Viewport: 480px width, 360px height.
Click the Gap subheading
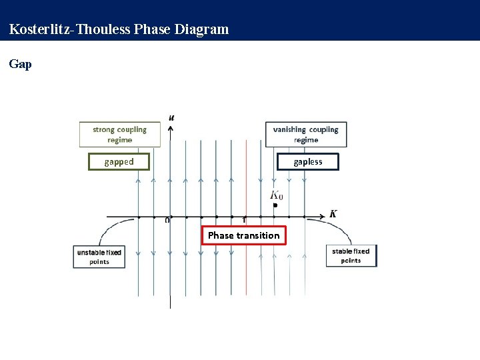(x=20, y=65)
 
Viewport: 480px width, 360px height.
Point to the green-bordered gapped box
(x=119, y=161)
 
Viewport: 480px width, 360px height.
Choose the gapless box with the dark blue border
(x=307, y=161)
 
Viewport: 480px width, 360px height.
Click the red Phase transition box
(x=244, y=235)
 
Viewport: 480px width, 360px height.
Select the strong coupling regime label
(x=119, y=135)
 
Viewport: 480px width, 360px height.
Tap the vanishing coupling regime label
(x=305, y=135)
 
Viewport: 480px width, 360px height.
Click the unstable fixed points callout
(x=99, y=257)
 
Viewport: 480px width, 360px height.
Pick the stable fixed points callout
(x=351, y=256)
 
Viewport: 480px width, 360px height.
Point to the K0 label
(x=276, y=195)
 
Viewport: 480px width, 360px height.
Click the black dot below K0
(x=275, y=206)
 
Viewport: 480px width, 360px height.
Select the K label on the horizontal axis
(x=333, y=214)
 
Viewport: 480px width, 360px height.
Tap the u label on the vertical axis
(x=172, y=117)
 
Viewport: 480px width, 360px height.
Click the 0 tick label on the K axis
(x=167, y=221)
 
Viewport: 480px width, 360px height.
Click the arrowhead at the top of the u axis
(x=171, y=127)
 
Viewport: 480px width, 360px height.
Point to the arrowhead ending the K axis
(x=323, y=216)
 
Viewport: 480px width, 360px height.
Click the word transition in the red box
(x=258, y=235)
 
